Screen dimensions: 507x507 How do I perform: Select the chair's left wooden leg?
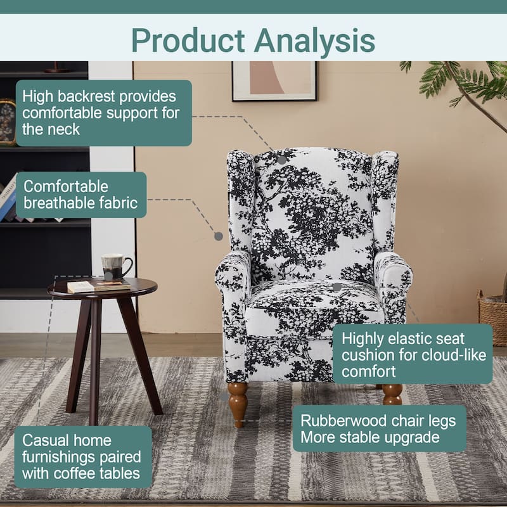238,402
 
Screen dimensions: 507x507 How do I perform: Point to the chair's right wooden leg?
392,394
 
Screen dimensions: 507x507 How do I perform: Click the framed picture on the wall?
274,80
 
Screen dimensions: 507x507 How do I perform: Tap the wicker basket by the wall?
494,317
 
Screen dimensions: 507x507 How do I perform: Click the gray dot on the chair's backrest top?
281,160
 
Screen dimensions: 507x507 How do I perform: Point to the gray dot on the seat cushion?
337,286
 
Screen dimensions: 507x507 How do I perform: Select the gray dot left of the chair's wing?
219,236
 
